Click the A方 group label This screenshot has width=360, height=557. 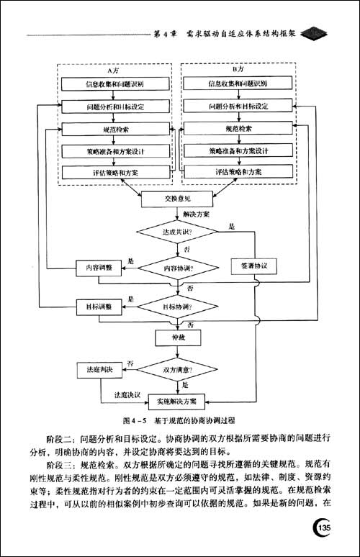pyautogui.click(x=114, y=71)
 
